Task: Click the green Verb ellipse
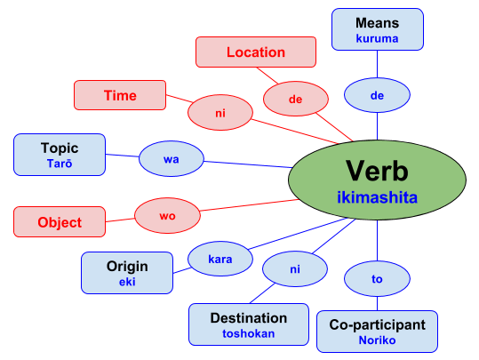pos(377,178)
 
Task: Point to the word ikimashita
pos(377,197)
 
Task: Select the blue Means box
pos(378,29)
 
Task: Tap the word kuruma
pos(378,38)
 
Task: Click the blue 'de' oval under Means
pos(377,94)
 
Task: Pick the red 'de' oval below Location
pos(295,100)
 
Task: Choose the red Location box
pos(255,52)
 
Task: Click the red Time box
pos(120,95)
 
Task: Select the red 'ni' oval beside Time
pos(220,113)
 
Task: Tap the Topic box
pos(60,155)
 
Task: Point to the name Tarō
pos(60,164)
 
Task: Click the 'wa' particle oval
pos(172,159)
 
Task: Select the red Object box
pos(60,221)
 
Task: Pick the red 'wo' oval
pos(166,214)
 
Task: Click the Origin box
pos(126,272)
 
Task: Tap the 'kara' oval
pos(220,260)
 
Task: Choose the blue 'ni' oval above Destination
pos(294,267)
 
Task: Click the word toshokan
pos(248,334)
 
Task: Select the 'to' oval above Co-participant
pos(377,279)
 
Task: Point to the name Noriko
pos(377,340)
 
